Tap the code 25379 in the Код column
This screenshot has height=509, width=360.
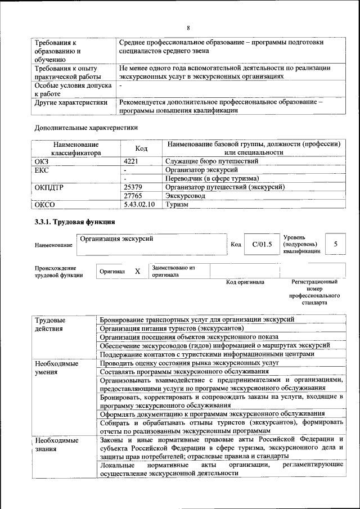(x=133, y=187)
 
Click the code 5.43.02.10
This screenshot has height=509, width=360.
(x=139, y=205)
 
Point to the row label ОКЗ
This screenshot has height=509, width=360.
(x=42, y=161)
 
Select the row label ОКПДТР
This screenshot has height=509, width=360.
(x=48, y=187)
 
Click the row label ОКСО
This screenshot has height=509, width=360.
(x=45, y=205)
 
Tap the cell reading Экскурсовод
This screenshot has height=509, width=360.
(x=185, y=196)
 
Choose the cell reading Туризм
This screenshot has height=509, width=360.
(x=177, y=205)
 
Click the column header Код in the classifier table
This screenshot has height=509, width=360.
(x=142, y=148)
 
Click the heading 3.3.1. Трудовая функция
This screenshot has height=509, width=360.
(x=75, y=223)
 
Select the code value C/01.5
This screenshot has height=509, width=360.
(x=262, y=244)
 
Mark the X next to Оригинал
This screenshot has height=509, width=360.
(x=137, y=272)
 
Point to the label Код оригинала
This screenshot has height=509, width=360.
(x=245, y=282)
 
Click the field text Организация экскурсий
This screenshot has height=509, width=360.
(x=116, y=239)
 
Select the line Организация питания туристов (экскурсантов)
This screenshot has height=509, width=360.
(x=172, y=328)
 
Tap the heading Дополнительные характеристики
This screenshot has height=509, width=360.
(x=86, y=128)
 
